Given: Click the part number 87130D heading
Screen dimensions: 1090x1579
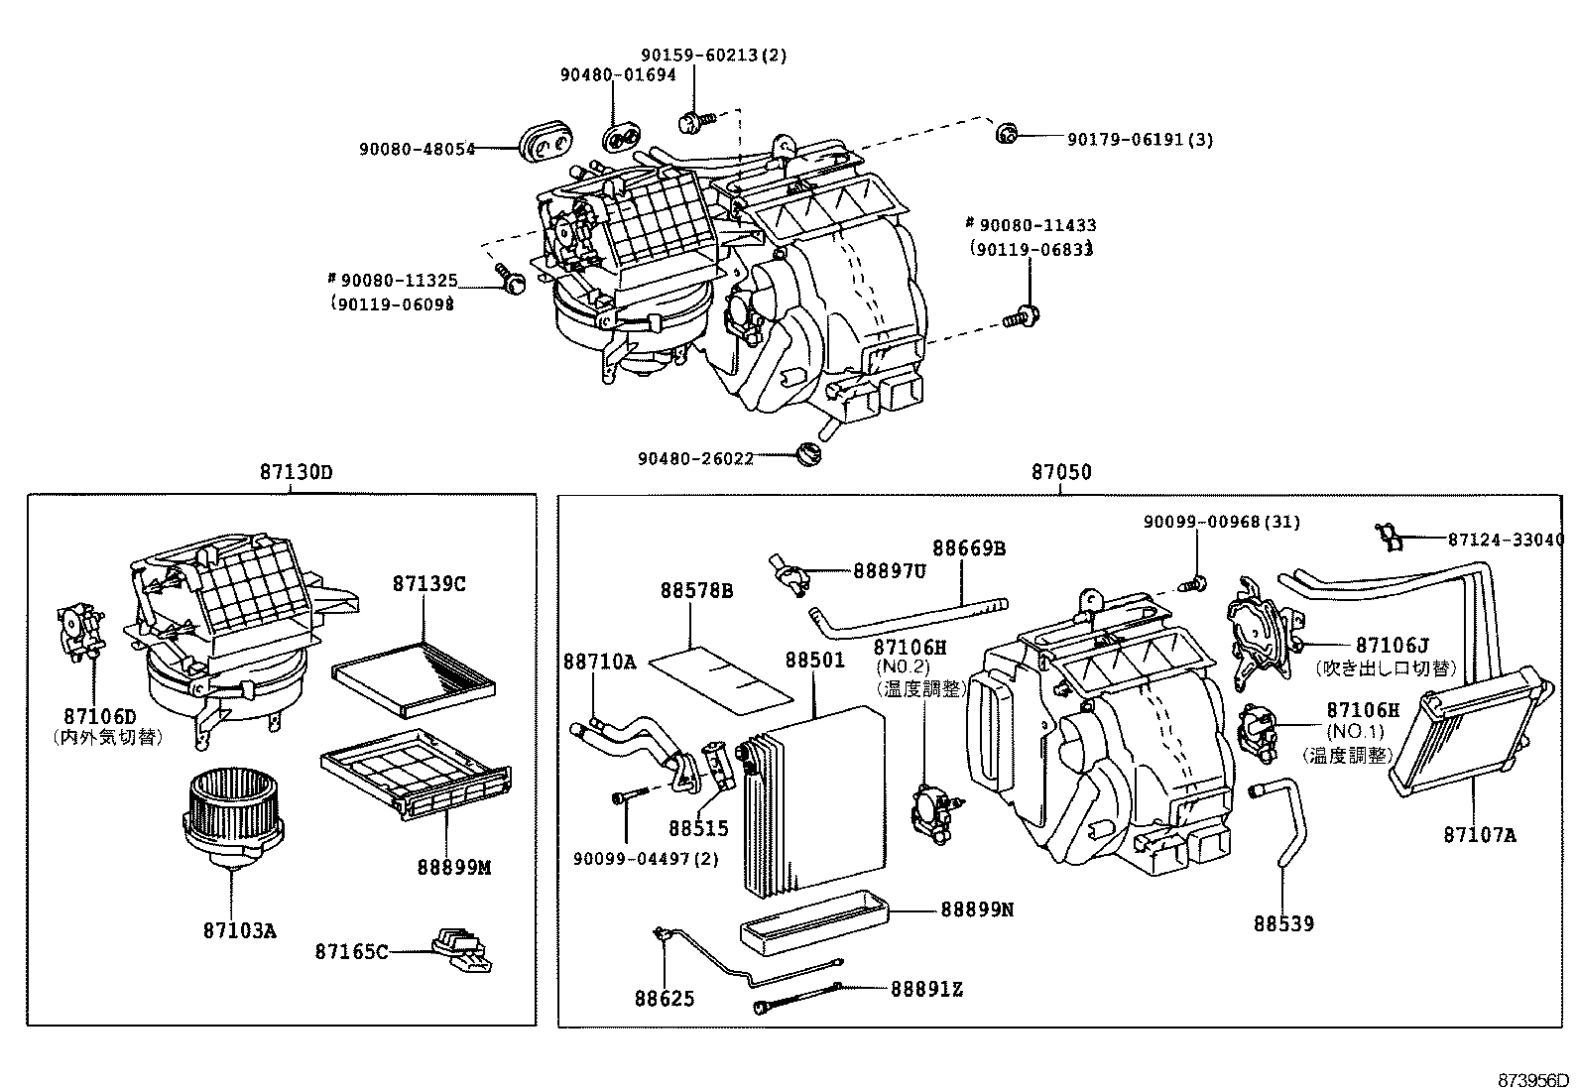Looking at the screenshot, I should [x=296, y=472].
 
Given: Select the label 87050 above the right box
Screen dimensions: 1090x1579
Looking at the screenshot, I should [x=1061, y=472].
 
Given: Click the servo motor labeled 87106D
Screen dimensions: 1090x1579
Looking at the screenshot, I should [x=78, y=631].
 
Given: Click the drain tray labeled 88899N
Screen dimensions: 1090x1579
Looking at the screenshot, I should [x=813, y=920].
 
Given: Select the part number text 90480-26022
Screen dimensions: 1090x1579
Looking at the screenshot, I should [x=695, y=458].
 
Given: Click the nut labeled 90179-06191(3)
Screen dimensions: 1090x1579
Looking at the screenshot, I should [x=1007, y=134].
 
